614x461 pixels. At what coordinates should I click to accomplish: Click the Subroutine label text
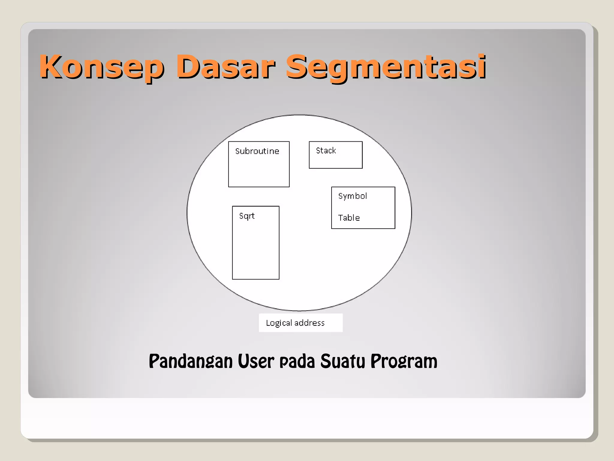[257, 151]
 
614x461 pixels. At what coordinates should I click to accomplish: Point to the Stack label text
[326, 150]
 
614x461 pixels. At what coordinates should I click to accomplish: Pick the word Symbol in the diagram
[353, 196]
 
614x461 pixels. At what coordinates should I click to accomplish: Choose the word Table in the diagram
[349, 218]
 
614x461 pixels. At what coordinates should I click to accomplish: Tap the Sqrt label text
[247, 216]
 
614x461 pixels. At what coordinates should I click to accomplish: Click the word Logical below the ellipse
[279, 323]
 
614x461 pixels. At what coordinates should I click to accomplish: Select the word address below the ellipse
[309, 323]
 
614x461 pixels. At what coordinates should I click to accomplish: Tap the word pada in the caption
[297, 362]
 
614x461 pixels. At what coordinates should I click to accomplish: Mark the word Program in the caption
[404, 362]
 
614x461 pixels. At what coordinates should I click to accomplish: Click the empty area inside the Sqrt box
[256, 252]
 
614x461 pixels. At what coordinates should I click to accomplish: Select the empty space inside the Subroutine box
[259, 173]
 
